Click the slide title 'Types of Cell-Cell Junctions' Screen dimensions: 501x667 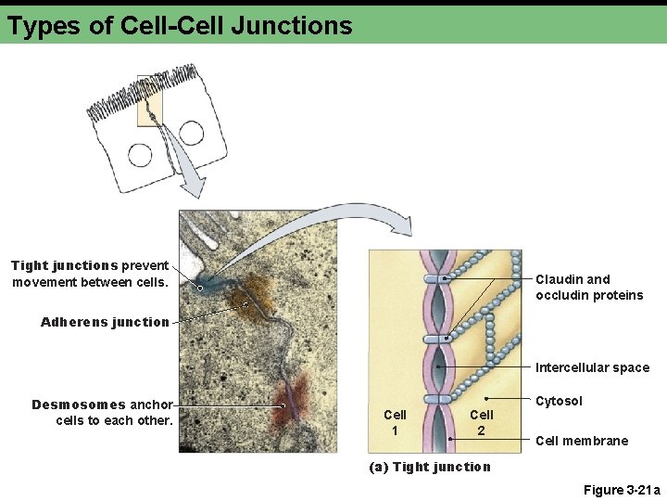pos(180,25)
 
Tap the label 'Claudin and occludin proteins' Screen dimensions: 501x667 pos(588,287)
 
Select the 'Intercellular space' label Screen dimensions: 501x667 pos(592,367)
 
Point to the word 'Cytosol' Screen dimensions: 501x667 pos(559,401)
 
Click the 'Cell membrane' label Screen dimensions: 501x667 pos(581,441)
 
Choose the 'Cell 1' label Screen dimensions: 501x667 pos(395,422)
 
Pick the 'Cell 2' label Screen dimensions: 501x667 pos(481,422)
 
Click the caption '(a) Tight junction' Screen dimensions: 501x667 pos(430,467)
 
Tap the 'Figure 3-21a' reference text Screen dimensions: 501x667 pos(622,490)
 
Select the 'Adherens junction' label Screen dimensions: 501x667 pos(105,322)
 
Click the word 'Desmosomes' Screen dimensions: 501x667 pos(78,405)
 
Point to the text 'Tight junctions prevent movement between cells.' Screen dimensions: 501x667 pos(90,273)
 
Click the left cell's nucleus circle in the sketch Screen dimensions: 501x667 pos(140,154)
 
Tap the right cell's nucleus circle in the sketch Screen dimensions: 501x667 pos(192,133)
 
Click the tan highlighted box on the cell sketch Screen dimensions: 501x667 pos(150,100)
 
